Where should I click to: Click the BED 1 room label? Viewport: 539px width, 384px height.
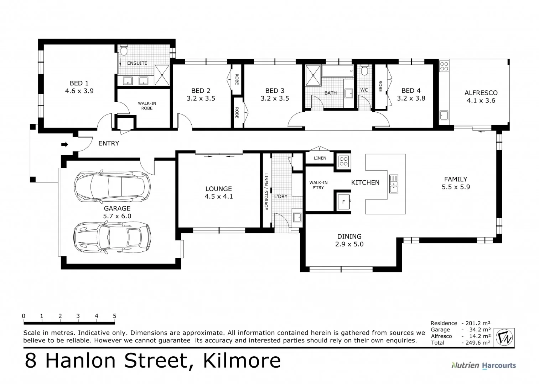coord(79,87)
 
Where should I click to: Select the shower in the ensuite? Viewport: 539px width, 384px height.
coord(162,75)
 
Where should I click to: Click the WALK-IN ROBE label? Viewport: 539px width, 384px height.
coord(147,106)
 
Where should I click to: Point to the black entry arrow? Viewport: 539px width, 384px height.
coord(65,144)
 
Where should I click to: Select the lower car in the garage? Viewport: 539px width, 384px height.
coord(112,237)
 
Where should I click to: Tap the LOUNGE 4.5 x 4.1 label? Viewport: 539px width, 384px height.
coord(219,192)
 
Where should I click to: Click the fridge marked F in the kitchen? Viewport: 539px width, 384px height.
coord(344,202)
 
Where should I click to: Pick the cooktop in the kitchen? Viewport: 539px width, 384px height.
coord(343,161)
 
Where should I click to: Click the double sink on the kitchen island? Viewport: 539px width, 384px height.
coord(394,184)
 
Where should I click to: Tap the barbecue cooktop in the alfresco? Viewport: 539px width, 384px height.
coord(444,66)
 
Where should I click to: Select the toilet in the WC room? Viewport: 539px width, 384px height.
coord(364,70)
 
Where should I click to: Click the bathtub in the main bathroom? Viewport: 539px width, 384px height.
coord(338,71)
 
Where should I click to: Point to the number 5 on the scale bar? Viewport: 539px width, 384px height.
coord(115,316)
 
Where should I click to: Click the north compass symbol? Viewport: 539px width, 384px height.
coord(504,337)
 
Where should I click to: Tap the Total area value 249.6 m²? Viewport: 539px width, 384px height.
coord(478,343)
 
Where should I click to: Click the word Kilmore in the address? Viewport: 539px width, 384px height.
coord(242,361)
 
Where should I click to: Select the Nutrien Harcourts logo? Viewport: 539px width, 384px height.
coord(484,366)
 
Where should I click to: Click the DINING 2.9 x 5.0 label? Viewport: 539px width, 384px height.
coord(349,240)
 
